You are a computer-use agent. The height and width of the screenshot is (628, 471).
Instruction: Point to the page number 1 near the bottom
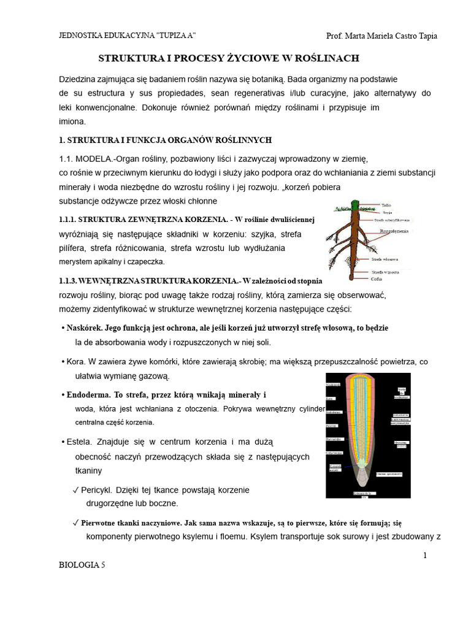coord(424,556)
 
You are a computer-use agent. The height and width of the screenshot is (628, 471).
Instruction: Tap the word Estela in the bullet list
coord(80,442)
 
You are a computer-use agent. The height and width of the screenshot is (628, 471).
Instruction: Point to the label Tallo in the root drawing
coord(386,205)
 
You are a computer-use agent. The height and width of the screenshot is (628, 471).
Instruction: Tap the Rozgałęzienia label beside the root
coord(394,231)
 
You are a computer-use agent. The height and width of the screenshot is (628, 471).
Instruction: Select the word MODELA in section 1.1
coord(97,158)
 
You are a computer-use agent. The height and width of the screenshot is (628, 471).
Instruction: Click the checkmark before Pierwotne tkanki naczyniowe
coord(75,524)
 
